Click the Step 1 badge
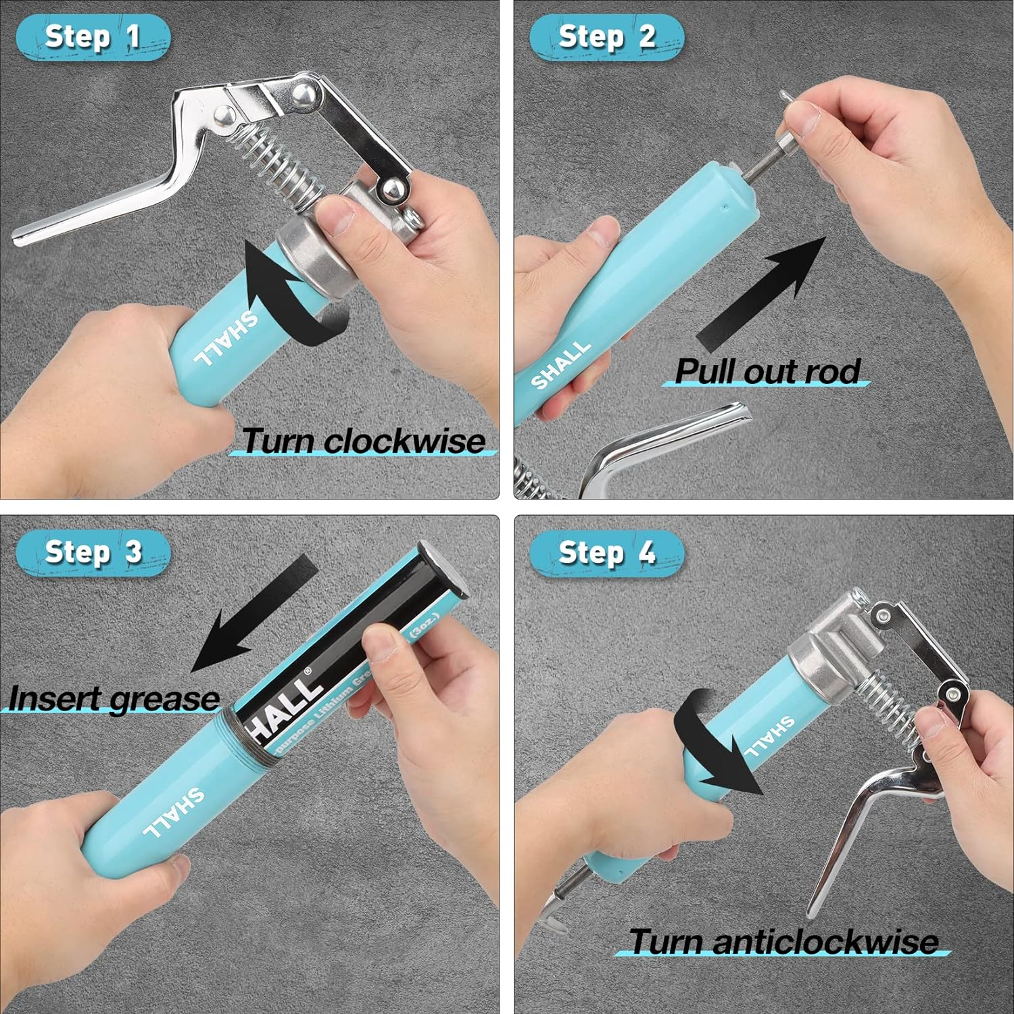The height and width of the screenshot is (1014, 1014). click(x=93, y=37)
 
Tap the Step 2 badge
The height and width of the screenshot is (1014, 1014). click(x=606, y=37)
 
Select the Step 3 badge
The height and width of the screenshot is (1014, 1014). click(x=93, y=552)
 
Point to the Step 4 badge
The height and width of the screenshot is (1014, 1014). click(x=606, y=552)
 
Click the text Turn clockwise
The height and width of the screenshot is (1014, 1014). click(x=363, y=441)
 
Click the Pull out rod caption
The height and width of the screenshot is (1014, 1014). click(x=767, y=371)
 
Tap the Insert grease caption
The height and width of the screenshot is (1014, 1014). click(x=114, y=698)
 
